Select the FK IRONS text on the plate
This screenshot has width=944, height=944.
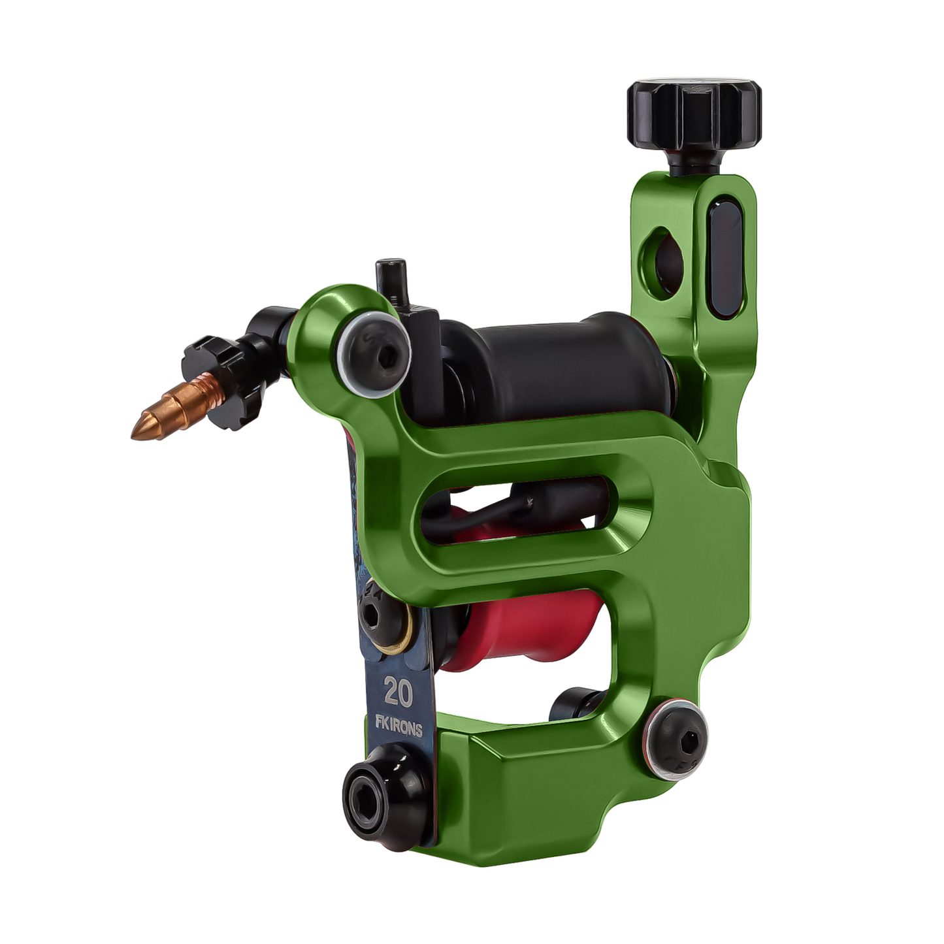(399, 728)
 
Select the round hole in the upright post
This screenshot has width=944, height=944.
(664, 263)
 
